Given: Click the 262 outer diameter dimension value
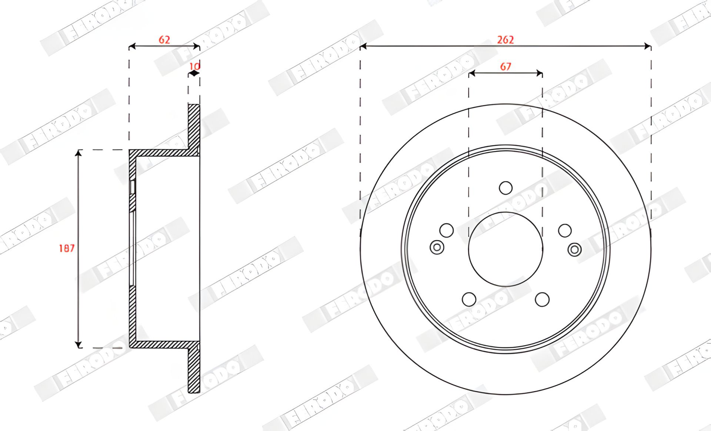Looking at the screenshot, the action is click(505, 40).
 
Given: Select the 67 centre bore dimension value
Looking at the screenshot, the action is click(505, 67).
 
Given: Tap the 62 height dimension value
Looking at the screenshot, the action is click(164, 40).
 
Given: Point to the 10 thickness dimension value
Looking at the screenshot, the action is click(194, 66).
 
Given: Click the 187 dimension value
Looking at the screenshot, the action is click(67, 248).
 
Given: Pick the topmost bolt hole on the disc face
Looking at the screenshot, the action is click(505, 188).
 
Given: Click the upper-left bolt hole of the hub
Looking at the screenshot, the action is click(447, 230).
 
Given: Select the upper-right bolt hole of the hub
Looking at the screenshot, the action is click(565, 230).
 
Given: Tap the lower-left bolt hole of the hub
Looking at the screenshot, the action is click(469, 299).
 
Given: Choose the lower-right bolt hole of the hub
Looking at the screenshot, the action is click(542, 299).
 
